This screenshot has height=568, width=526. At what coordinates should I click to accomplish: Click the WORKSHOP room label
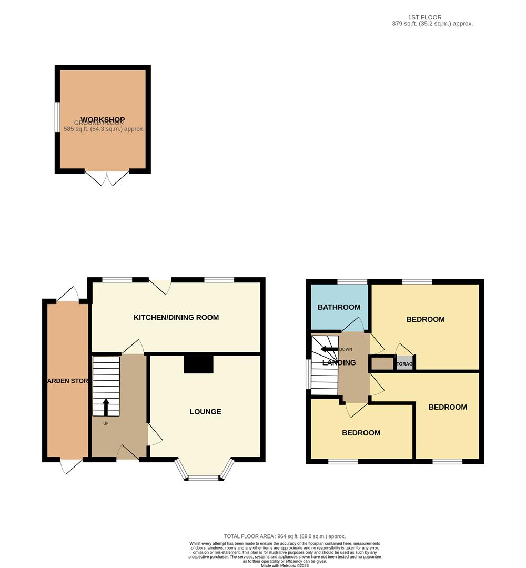103,119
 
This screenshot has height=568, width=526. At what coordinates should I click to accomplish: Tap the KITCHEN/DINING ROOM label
176,317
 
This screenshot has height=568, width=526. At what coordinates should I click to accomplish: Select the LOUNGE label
205,411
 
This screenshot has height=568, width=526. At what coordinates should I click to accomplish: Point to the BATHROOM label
339,307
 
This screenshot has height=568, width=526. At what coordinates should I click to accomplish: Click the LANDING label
339,362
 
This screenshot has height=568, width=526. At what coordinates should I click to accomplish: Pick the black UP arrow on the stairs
106,407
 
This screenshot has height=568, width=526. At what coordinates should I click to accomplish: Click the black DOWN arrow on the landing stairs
330,349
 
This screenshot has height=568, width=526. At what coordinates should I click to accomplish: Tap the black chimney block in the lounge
198,364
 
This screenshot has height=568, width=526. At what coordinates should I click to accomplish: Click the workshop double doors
107,178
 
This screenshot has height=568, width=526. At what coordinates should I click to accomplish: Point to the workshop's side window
57,117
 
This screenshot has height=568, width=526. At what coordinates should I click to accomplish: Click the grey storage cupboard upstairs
404,363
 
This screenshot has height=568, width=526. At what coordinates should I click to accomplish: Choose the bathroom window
352,282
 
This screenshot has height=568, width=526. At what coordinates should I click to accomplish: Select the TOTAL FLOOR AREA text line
285,536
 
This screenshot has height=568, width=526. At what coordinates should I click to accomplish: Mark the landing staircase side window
308,374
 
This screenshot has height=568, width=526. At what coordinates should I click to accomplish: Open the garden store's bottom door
70,465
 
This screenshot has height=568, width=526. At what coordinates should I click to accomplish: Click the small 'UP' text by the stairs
106,423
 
